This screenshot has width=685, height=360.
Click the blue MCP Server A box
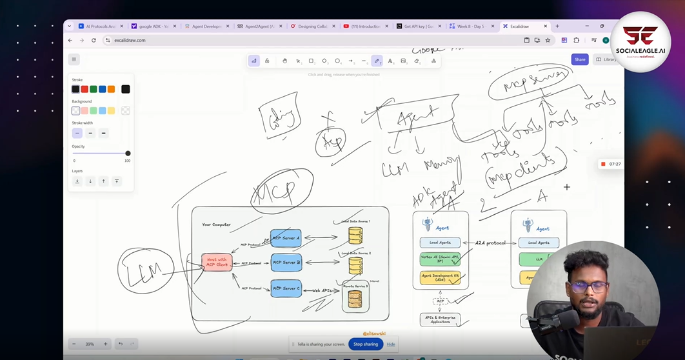[x=286, y=238]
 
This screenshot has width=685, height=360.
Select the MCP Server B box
[x=286, y=263]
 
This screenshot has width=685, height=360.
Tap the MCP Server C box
[x=286, y=288]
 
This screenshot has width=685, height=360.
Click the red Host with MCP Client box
[x=217, y=263]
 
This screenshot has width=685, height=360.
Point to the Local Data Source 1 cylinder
[x=355, y=235]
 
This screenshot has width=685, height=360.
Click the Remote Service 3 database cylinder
[x=355, y=298]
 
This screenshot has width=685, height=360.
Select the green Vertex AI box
[x=440, y=259]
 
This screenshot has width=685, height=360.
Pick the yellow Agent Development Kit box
[x=440, y=278]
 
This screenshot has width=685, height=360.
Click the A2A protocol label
[x=490, y=243]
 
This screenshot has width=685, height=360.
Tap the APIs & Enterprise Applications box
[x=440, y=319]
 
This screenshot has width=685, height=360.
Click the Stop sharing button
[x=366, y=344]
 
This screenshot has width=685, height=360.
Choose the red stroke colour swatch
[x=84, y=89]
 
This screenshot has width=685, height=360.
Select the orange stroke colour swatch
[x=111, y=89]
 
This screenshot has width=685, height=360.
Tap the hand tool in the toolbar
[x=284, y=61]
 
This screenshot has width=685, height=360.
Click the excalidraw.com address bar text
[x=130, y=40]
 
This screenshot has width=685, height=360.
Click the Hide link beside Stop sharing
[x=391, y=344]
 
